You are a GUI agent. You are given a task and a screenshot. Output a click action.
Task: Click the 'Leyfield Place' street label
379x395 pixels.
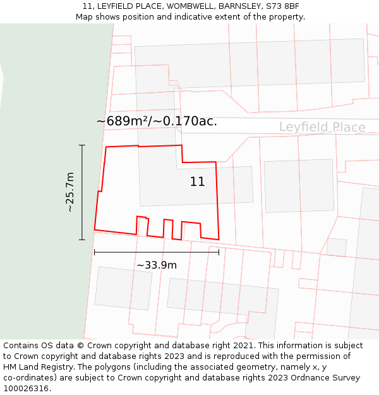pos(322,128)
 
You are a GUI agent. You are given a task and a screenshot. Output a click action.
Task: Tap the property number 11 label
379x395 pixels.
pos(197,182)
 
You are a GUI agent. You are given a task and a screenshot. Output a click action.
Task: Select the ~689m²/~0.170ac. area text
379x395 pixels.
pos(157,121)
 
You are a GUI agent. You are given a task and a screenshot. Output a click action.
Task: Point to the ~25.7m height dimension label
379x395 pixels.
pos(70,192)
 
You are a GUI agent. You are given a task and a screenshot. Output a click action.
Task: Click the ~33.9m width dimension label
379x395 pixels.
pos(157,265)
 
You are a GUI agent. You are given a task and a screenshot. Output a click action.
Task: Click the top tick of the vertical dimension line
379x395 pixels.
pos(82,145)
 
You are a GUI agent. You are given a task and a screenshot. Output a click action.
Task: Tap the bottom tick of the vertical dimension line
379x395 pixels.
pos(82,240)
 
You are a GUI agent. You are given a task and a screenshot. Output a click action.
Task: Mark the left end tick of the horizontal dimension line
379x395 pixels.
pos(95,252)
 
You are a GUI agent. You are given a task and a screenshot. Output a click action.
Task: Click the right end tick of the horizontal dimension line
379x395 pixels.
pos(219,252)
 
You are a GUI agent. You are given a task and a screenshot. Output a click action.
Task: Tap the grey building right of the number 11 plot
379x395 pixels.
pos(299,185)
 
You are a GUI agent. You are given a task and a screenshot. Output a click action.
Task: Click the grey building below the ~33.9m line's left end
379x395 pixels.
pos(123,288)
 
